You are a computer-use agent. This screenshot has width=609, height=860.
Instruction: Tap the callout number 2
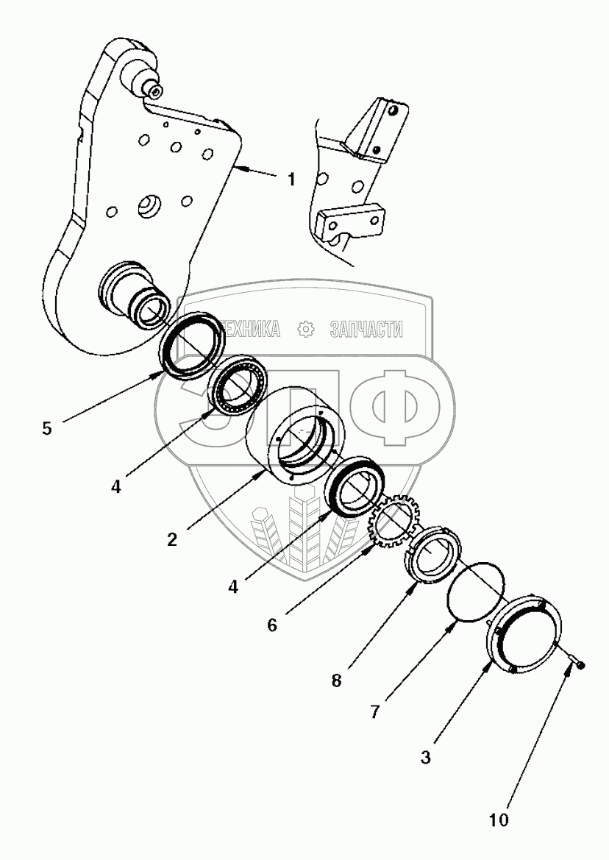(171, 539)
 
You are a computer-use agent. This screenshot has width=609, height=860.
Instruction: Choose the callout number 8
(336, 680)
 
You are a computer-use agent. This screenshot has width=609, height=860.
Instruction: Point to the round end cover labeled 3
(525, 633)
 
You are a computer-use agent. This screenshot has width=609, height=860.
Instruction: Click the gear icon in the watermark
(304, 330)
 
